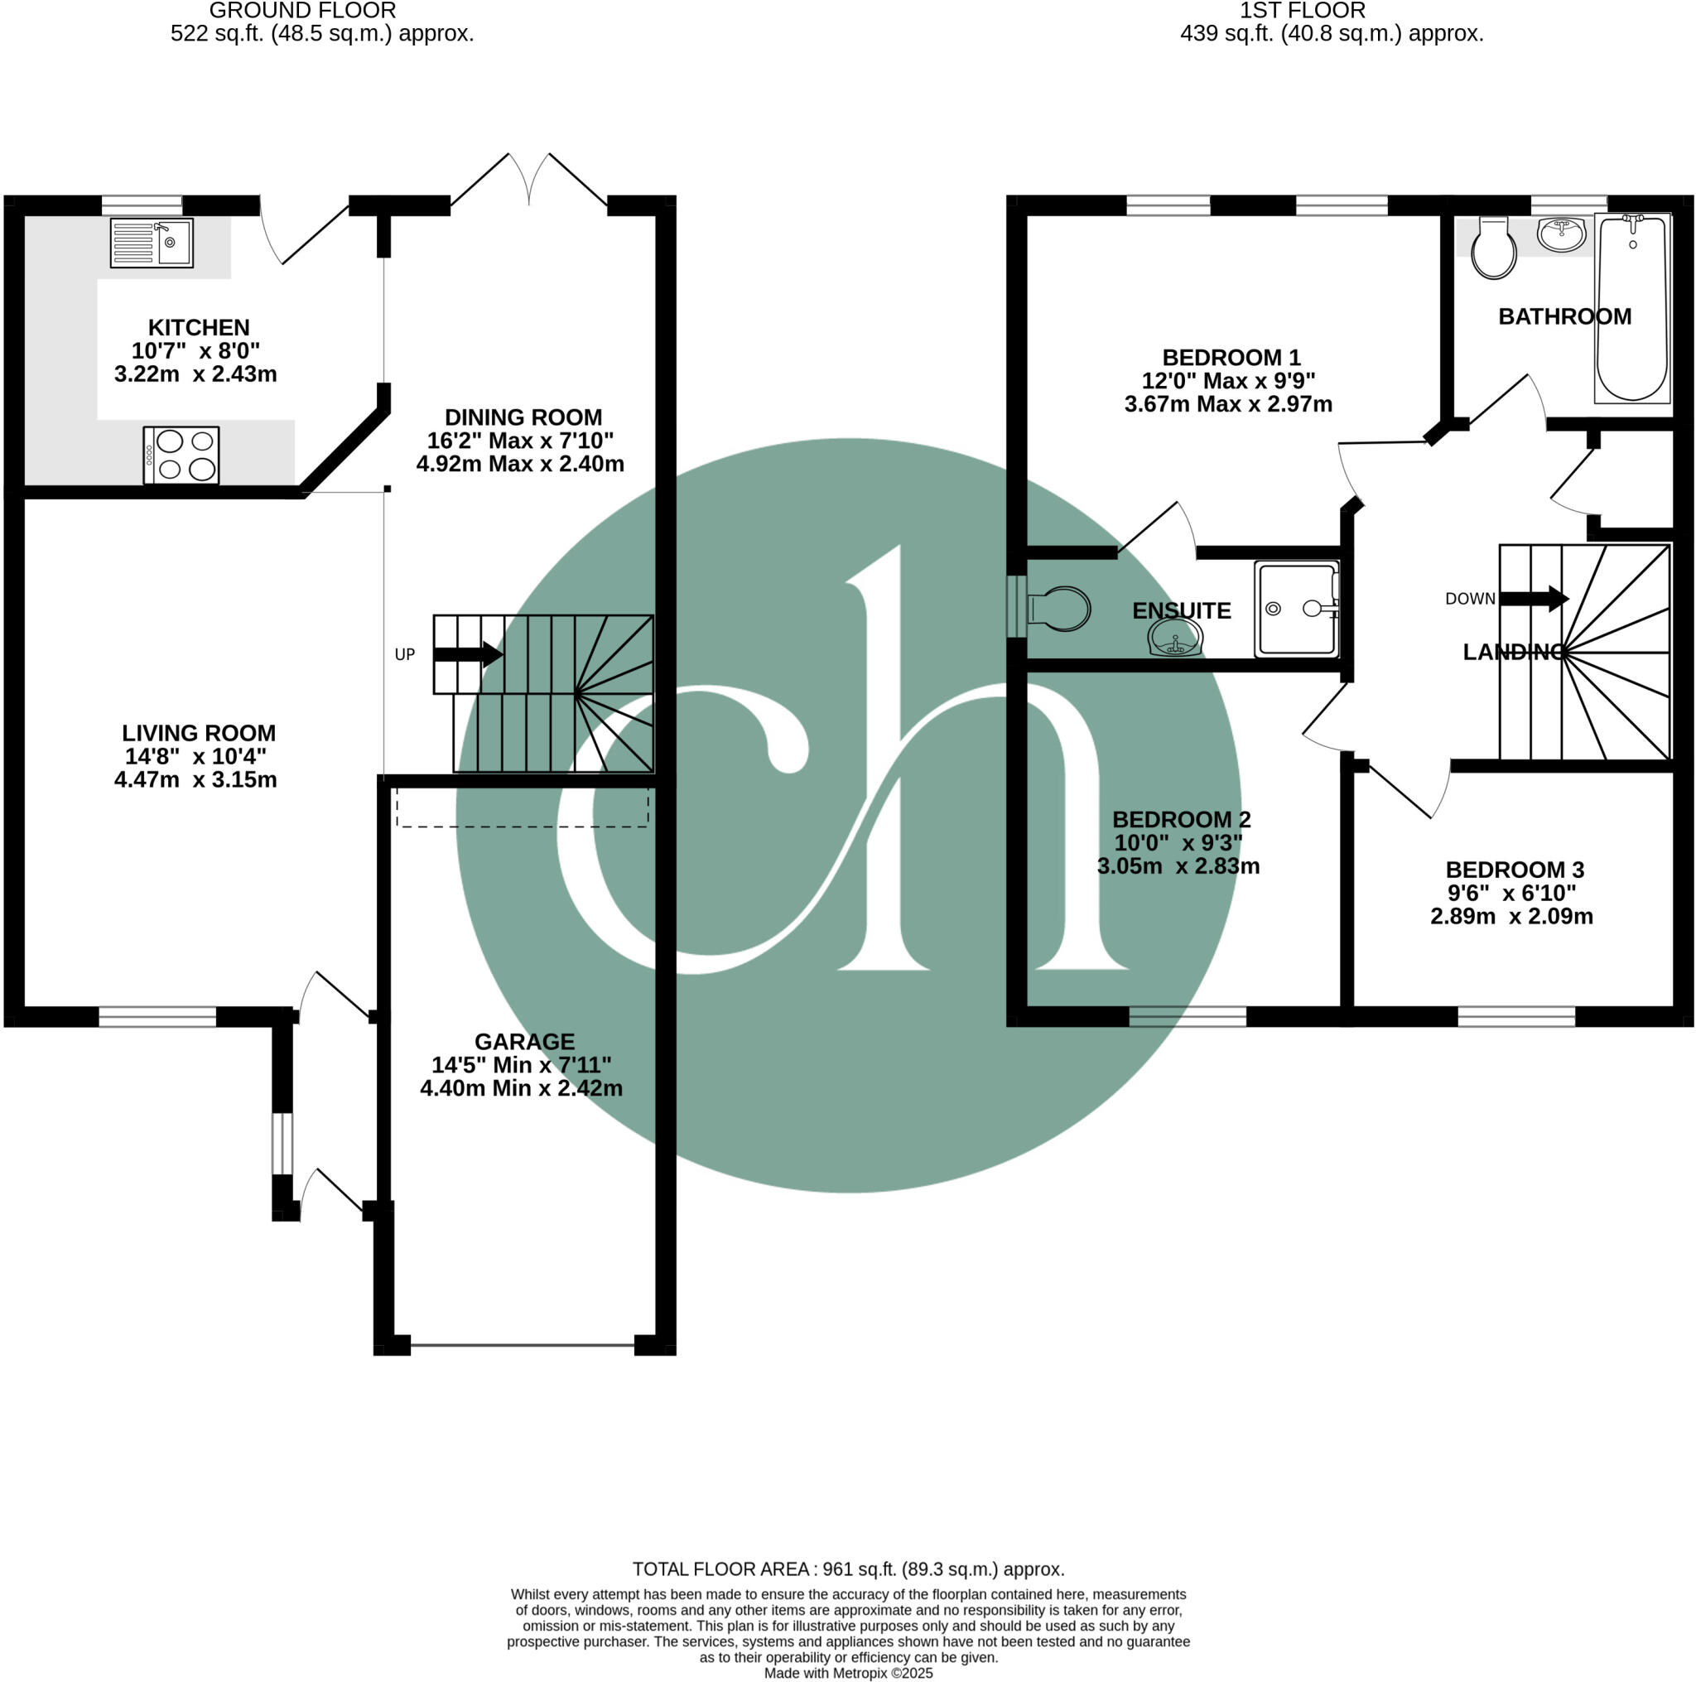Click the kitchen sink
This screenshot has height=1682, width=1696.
coord(151,243)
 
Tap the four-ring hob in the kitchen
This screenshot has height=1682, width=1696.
coord(181,455)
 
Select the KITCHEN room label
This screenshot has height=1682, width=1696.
coord(199,327)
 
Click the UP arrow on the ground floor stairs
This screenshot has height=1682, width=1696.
coord(468,654)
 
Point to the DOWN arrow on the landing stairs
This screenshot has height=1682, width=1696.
coord(1533,599)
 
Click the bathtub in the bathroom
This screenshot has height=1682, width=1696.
coord(1631,307)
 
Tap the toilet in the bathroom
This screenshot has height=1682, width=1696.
coord(1493,248)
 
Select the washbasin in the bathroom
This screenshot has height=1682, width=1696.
coord(1562,234)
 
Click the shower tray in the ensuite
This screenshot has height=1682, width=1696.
coord(1297,610)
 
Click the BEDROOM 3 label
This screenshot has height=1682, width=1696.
coord(1515,869)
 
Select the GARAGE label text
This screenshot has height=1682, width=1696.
coord(524,1041)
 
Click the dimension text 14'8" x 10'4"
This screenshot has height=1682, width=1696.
coord(195,756)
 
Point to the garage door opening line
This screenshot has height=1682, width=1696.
coord(523,1344)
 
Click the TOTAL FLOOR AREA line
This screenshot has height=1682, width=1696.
coord(847,1569)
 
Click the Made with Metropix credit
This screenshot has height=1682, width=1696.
coord(847,1673)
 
